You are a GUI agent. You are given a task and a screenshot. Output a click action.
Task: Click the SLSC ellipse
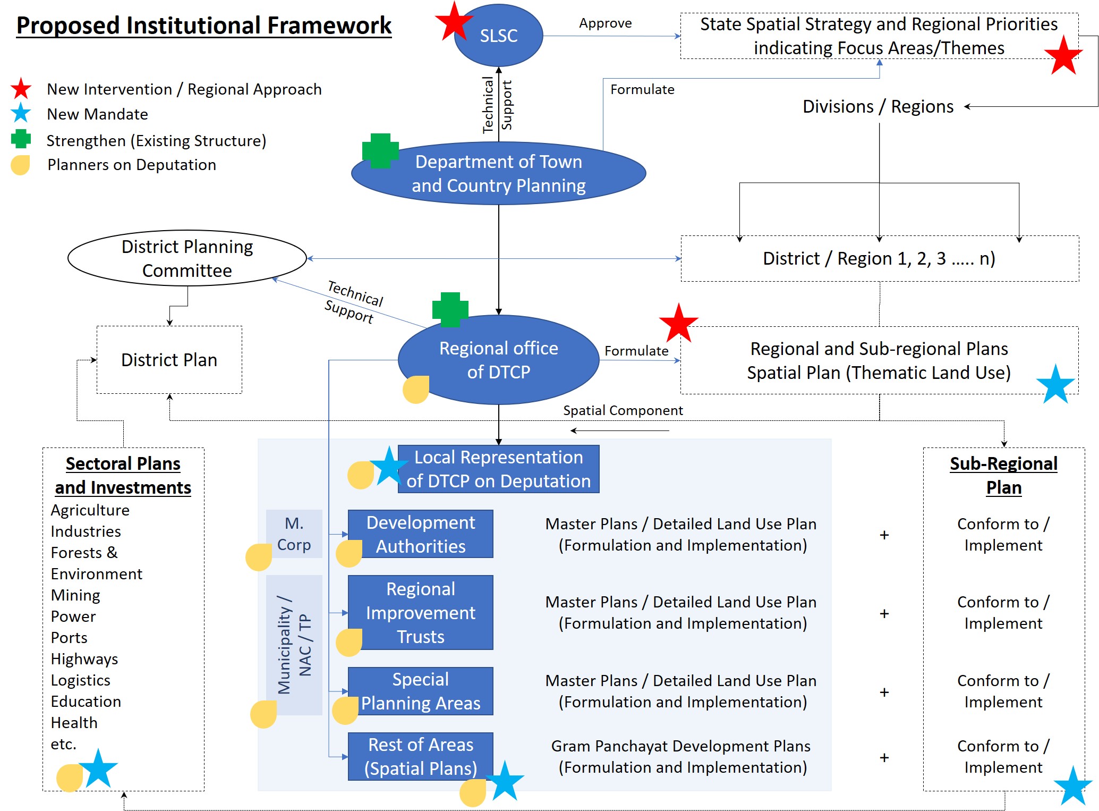(x=499, y=36)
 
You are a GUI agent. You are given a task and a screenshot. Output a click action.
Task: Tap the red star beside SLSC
(x=454, y=21)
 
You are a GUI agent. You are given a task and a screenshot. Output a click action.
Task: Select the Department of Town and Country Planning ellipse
(x=498, y=173)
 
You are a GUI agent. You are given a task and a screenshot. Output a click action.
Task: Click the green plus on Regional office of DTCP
(x=450, y=309)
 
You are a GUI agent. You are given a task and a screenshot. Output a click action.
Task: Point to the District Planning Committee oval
(x=187, y=258)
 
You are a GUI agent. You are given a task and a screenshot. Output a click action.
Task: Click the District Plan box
(x=169, y=360)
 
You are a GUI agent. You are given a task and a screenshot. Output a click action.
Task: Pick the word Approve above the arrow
(x=605, y=23)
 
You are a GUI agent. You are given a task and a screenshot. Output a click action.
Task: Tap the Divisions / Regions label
(x=878, y=106)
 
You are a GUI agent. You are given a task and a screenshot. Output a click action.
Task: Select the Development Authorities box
(x=420, y=534)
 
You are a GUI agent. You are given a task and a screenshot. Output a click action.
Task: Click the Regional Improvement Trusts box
(x=420, y=612)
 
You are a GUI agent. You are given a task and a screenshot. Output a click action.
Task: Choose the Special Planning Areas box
(x=420, y=691)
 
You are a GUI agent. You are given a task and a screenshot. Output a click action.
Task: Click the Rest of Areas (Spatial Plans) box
(x=420, y=756)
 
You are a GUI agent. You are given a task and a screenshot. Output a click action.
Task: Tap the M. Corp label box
(x=294, y=534)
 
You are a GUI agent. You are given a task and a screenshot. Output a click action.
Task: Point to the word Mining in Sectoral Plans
(x=75, y=595)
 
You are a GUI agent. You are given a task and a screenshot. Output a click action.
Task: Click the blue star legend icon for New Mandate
(x=21, y=113)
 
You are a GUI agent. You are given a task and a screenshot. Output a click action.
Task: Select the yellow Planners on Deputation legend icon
(x=20, y=165)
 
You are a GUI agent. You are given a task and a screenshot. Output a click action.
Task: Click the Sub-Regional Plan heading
(x=1003, y=475)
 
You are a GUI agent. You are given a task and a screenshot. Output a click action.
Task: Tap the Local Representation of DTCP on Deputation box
(x=498, y=469)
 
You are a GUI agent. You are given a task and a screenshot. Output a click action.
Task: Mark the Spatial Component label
(x=623, y=410)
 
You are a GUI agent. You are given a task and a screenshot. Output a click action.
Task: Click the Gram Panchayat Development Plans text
(x=680, y=746)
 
